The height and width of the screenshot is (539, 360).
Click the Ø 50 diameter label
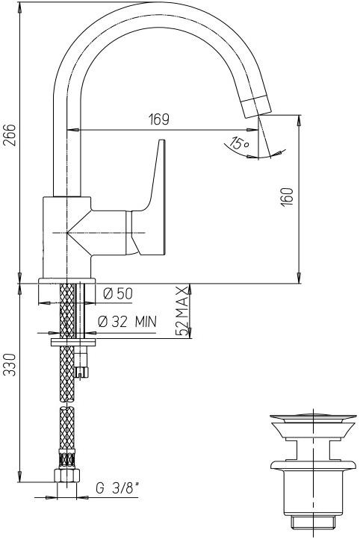click(118, 294)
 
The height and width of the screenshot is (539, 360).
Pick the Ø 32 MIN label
click(127, 322)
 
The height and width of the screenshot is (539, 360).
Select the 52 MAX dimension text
click(181, 309)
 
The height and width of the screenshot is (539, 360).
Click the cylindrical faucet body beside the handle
click(66, 235)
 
